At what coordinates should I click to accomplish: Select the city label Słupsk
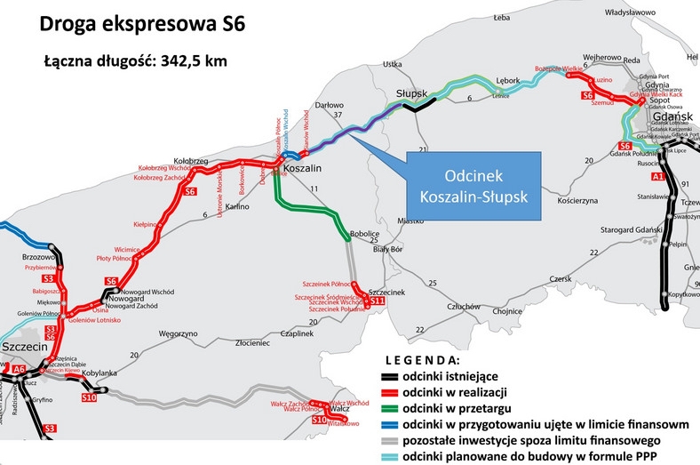(x=411, y=92)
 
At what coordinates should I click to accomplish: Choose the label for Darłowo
(x=328, y=103)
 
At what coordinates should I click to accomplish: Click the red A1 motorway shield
(x=657, y=178)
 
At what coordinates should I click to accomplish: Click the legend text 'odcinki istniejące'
(x=452, y=378)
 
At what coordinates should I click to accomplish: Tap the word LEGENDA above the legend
(x=422, y=361)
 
